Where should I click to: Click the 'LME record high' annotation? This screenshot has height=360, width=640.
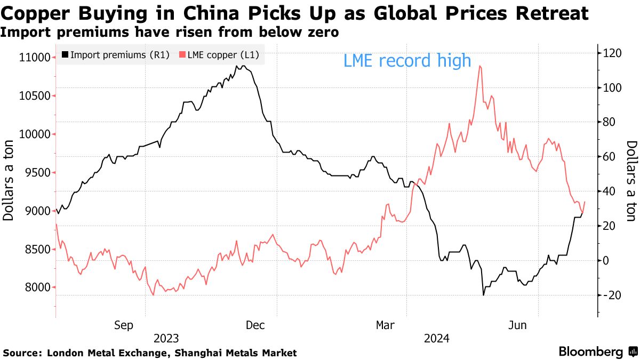(407, 61)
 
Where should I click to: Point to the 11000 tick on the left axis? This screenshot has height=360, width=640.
(35, 58)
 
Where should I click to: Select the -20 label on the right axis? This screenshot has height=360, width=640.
(610, 295)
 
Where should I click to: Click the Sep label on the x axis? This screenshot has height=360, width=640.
(124, 325)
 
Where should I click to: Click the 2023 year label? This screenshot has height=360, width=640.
(166, 339)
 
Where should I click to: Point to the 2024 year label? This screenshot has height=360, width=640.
(437, 339)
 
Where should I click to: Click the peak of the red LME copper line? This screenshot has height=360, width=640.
(481, 66)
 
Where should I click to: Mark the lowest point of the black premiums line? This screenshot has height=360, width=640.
(483, 295)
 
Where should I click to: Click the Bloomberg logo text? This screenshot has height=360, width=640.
(591, 352)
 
